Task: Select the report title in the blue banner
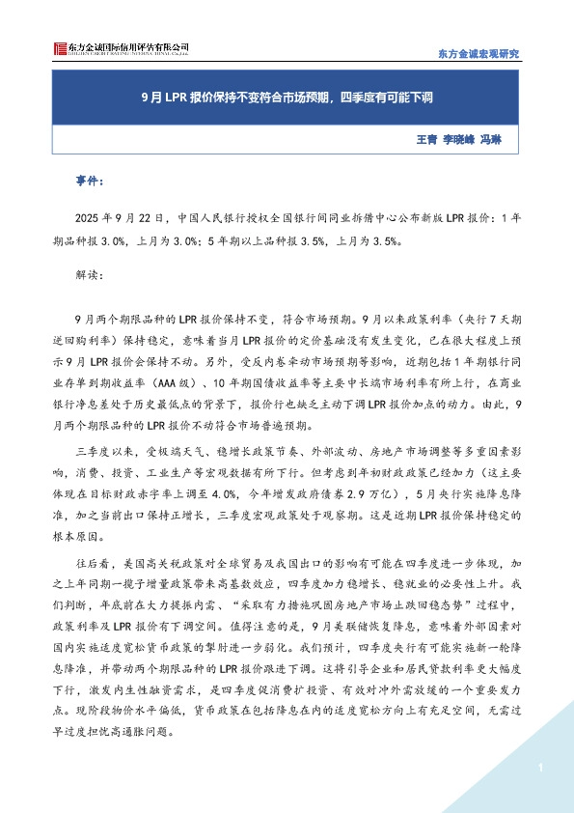[x=287, y=97]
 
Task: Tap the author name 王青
[x=425, y=140]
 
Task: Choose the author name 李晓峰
[x=461, y=140]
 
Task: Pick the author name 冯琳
[x=492, y=140]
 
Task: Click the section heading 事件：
[x=90, y=181]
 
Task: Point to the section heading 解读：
[x=87, y=274]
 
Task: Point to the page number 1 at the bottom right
[x=541, y=768]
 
